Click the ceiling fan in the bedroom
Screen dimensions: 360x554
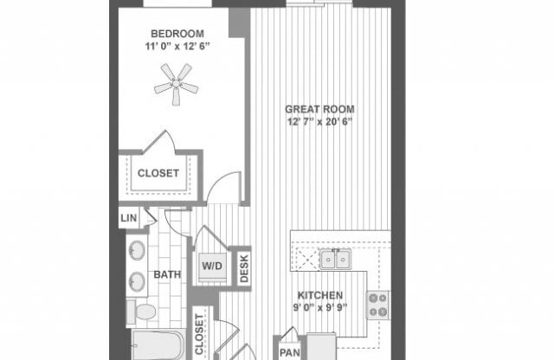tap(176, 85)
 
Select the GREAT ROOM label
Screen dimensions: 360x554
tap(321, 109)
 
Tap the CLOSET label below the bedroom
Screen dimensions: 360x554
tap(158, 173)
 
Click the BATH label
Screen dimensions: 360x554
tap(167, 275)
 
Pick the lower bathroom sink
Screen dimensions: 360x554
tap(137, 282)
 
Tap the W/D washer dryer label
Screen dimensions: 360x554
tap(211, 266)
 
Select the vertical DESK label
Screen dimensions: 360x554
tap(243, 267)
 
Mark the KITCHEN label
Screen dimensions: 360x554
tap(320, 294)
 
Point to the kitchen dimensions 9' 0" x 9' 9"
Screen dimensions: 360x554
tap(320, 306)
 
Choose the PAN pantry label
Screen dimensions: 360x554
tap(288, 351)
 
